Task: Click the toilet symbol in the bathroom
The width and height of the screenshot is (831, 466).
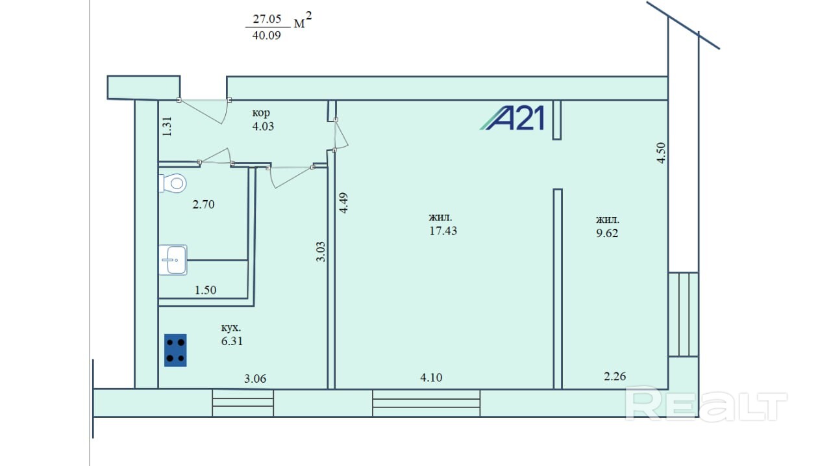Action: (x=173, y=183)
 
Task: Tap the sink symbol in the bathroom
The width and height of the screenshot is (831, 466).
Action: (x=173, y=260)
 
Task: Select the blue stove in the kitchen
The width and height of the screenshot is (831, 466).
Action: (x=175, y=350)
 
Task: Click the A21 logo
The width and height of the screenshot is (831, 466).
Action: (x=512, y=118)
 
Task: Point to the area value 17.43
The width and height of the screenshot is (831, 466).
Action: (x=443, y=231)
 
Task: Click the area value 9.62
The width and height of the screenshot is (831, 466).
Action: (x=607, y=233)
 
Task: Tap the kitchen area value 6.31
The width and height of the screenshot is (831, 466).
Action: (x=232, y=341)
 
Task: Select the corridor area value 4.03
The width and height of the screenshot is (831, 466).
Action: (x=263, y=126)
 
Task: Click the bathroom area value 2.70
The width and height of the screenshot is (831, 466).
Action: (x=203, y=205)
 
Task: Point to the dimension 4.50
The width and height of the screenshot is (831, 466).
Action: (x=661, y=153)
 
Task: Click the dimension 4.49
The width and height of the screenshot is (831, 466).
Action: (x=344, y=203)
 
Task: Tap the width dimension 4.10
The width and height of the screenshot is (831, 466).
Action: (x=431, y=378)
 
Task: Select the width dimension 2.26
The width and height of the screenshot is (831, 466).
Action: (x=615, y=376)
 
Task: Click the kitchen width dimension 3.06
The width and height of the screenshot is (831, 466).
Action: (x=255, y=379)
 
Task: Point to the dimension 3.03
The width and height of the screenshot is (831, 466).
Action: (x=321, y=252)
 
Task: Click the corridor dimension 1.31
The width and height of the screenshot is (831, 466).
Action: (x=167, y=126)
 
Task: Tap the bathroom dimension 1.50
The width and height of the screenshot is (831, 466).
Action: (x=205, y=290)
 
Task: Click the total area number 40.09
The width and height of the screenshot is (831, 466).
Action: (x=266, y=36)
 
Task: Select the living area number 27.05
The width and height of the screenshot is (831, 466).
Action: (x=267, y=19)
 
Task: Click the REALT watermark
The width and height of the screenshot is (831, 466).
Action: (x=706, y=404)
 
